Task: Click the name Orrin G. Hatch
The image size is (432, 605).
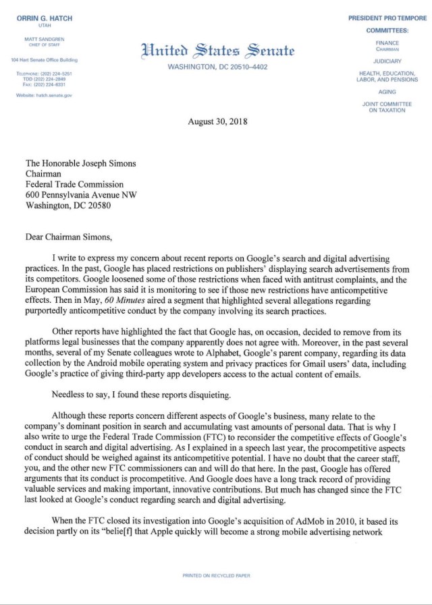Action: pyautogui.click(x=45, y=18)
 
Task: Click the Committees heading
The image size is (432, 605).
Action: pyautogui.click(x=387, y=31)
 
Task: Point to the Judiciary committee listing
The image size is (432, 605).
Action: pyautogui.click(x=387, y=61)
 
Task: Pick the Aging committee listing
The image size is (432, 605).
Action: pyautogui.click(x=387, y=92)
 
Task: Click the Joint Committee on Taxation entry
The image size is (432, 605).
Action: pyautogui.click(x=387, y=107)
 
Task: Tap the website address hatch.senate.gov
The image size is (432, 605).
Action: pyautogui.click(x=44, y=95)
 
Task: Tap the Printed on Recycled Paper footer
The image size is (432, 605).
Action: pyautogui.click(x=216, y=575)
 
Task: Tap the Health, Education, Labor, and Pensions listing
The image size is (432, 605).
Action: pyautogui.click(x=387, y=76)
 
